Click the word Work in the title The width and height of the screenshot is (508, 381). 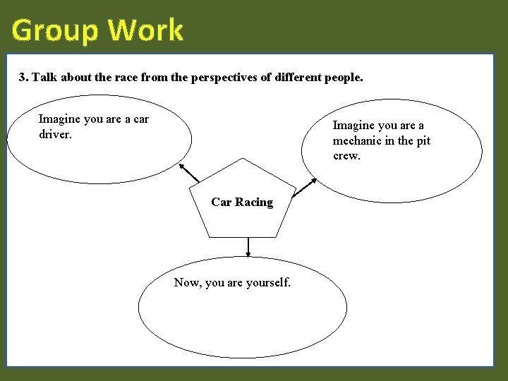pos(146,30)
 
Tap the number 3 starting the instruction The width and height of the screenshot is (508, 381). pos(23,77)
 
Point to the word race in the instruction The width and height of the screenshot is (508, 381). pos(126,77)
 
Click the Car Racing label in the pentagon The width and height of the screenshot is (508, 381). pos(242,202)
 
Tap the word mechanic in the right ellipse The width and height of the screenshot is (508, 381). pos(358,141)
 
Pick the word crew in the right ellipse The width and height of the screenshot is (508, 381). pos(346,156)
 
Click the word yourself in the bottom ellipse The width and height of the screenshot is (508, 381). pos(267,283)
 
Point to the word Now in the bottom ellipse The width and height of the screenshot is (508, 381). pos(187,283)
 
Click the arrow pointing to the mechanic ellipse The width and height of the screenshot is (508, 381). pos(305,186)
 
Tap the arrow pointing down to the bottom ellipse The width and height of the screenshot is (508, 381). pos(248,247)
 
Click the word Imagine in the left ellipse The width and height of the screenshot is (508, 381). pos(59,119)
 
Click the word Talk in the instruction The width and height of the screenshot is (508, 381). pos(44,77)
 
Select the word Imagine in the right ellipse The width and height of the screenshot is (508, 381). pos(354,126)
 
